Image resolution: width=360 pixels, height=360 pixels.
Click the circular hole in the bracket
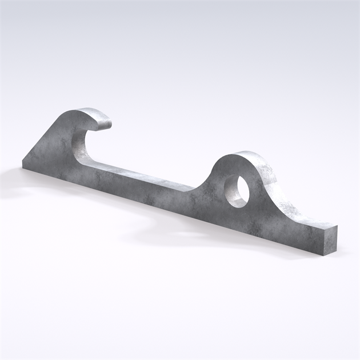click(235, 191)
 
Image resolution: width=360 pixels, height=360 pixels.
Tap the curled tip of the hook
click(107, 121)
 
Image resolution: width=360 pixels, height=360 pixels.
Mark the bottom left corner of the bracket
click(24, 169)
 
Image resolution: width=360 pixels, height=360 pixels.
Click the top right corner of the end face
click(337, 226)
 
